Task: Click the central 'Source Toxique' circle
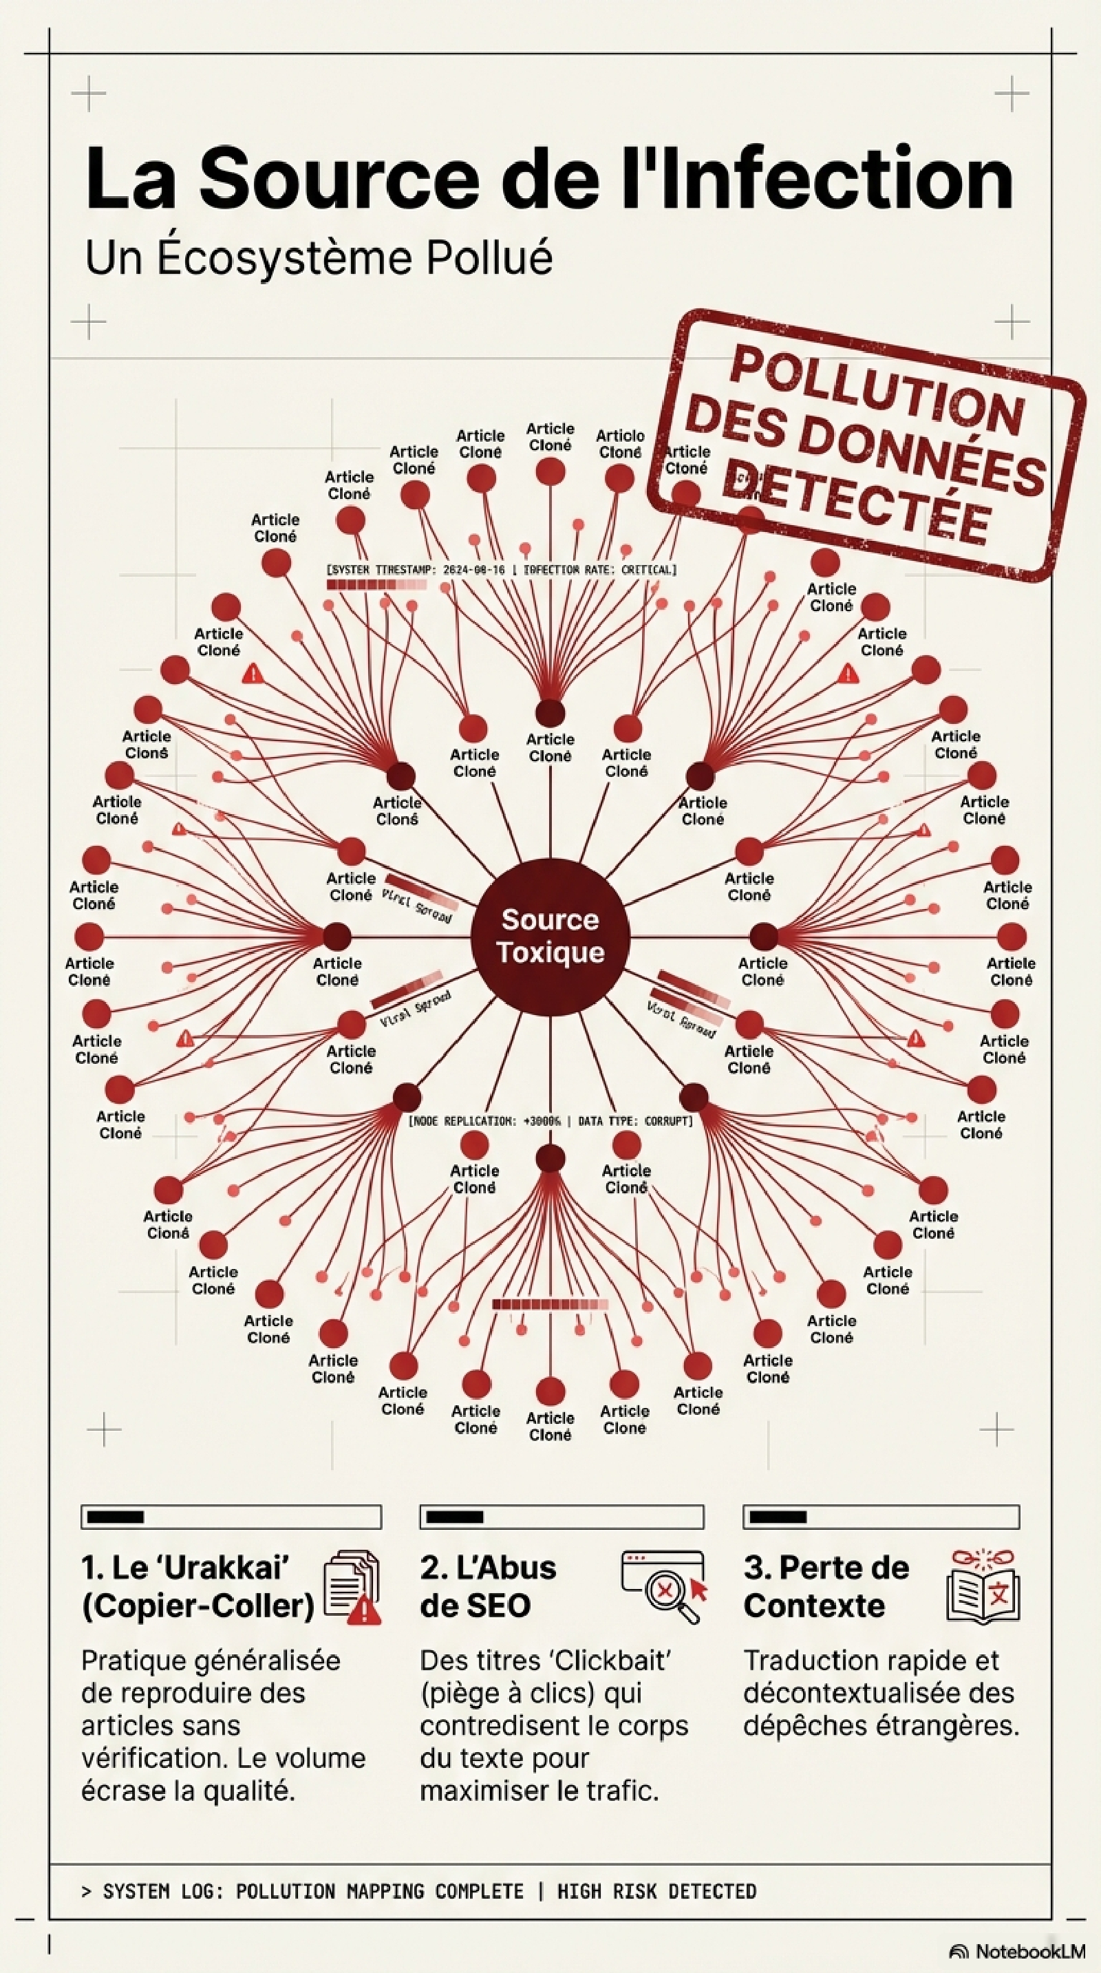point(550,936)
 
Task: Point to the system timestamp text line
point(501,570)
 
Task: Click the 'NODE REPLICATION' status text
point(550,1120)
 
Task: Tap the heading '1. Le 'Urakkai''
point(185,1568)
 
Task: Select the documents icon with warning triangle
point(352,1587)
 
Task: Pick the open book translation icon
point(983,1587)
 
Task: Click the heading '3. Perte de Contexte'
point(825,1587)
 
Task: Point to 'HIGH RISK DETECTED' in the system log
point(656,1891)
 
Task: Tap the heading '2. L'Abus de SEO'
point(488,1587)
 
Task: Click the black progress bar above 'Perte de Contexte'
point(778,1517)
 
